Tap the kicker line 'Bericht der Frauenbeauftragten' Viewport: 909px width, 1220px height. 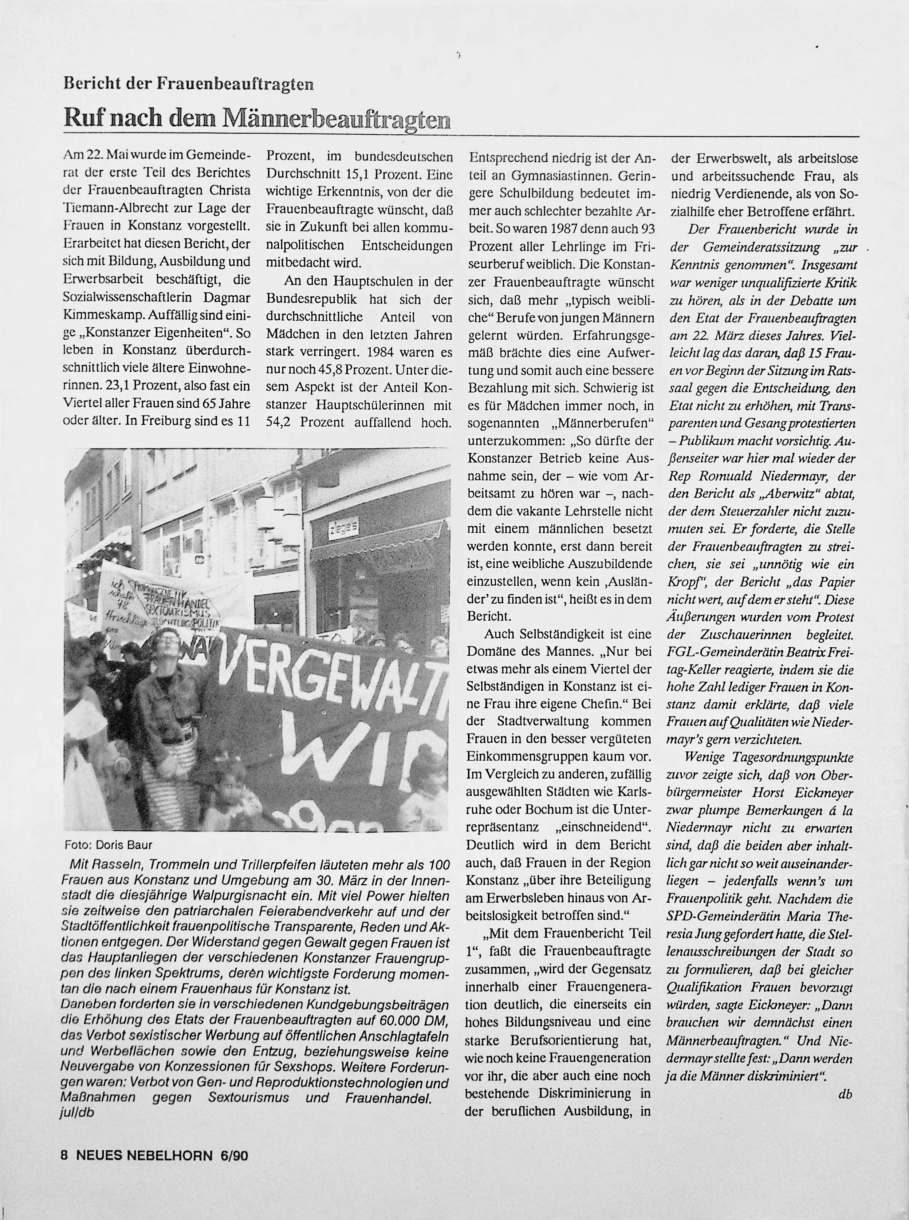(189, 84)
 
